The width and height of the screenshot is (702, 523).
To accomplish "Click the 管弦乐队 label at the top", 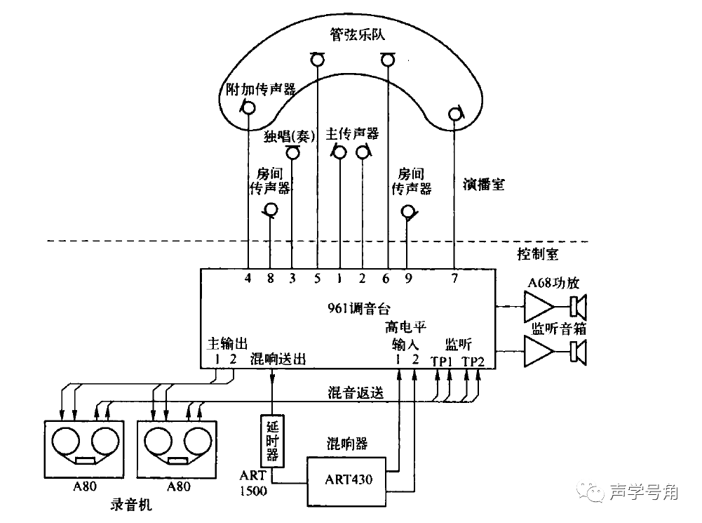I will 358,33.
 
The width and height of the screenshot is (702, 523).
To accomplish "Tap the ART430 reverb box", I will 348,479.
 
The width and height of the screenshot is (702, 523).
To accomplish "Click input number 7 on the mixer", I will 455,277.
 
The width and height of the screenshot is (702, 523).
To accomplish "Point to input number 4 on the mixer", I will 248,277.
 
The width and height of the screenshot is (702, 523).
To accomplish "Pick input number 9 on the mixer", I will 407,277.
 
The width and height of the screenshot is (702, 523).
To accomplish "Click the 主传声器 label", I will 352,133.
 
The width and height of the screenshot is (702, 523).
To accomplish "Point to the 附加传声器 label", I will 260,89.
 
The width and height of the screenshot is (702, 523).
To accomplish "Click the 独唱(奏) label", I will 288,135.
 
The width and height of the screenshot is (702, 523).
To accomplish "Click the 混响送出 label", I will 278,359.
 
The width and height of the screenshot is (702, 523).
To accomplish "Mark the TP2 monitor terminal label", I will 473,360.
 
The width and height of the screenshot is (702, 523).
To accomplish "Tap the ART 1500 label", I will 253,483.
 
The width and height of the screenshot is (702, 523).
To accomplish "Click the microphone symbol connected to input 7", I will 455,112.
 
